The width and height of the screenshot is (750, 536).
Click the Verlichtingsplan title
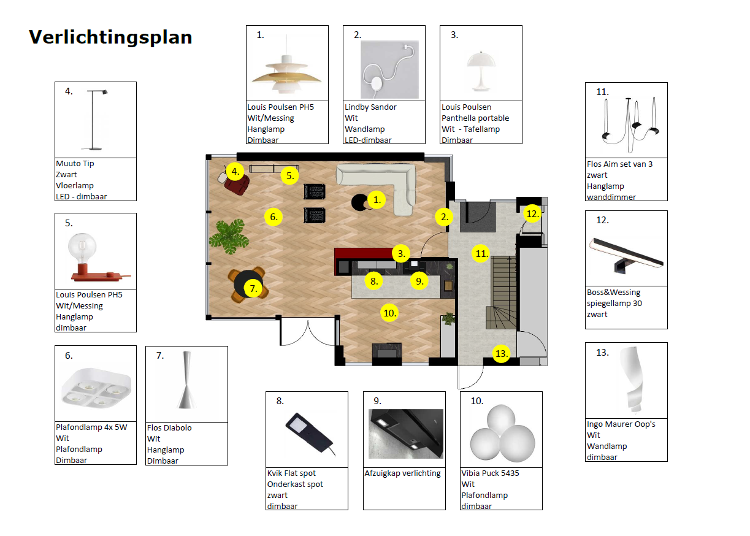110,37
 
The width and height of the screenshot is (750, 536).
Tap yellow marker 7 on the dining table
253,288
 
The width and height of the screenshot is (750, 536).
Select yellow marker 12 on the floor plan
532,214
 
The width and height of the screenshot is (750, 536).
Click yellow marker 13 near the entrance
502,354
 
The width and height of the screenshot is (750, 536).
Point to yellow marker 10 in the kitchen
389,313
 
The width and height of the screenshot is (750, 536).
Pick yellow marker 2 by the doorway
445,216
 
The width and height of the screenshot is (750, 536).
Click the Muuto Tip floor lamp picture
96,120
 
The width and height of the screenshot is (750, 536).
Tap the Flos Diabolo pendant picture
186,380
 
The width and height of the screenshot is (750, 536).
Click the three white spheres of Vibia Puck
501,430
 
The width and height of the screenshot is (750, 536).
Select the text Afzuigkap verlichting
403,473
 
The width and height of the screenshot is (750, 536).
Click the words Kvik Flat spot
291,473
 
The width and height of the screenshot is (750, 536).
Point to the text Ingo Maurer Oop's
621,424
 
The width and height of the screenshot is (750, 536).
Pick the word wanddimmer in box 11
611,197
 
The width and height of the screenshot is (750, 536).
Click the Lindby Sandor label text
370,107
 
